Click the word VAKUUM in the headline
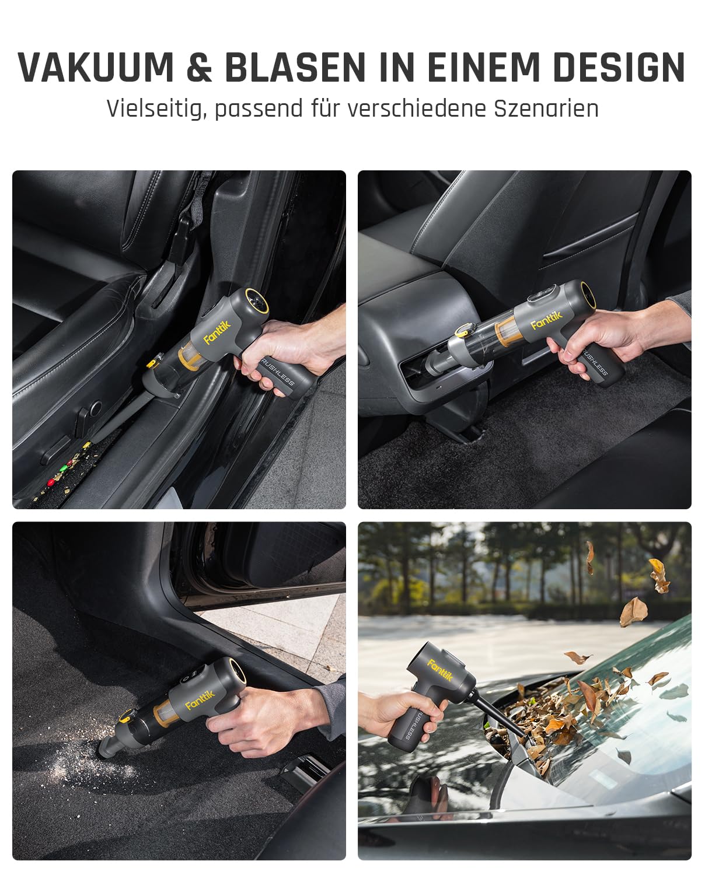pyautogui.click(x=96, y=67)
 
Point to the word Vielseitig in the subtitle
pyautogui.click(x=155, y=109)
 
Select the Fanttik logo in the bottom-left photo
pyautogui.click(x=200, y=698)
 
